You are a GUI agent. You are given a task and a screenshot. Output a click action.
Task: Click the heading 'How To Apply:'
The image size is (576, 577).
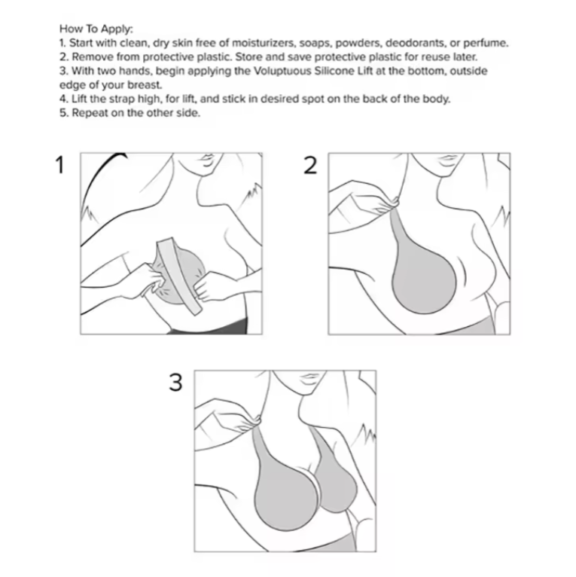click(95, 29)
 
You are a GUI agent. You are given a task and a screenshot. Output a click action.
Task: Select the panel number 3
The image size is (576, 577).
click(175, 383)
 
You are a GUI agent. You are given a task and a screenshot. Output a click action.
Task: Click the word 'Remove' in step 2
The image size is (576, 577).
click(88, 57)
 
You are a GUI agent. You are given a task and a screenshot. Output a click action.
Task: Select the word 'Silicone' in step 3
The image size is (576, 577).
click(340, 71)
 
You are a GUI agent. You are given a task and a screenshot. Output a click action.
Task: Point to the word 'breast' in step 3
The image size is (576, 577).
click(145, 85)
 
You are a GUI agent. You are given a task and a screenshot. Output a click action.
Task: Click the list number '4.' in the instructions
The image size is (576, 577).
click(63, 99)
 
